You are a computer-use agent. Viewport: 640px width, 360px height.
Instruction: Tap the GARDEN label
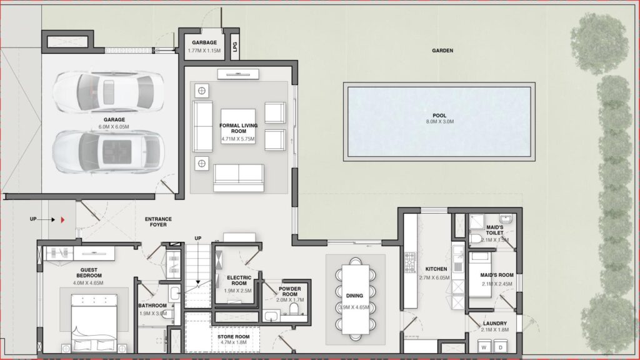(x=442, y=51)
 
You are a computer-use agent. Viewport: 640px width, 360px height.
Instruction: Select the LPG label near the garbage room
(x=235, y=47)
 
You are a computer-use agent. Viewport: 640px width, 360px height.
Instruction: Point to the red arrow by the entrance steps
(x=63, y=220)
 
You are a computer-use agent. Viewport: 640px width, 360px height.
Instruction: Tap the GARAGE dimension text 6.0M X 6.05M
(x=114, y=127)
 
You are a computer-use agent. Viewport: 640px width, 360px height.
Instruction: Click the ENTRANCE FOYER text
(x=158, y=222)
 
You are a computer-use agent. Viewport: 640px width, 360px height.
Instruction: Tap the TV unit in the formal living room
(x=238, y=74)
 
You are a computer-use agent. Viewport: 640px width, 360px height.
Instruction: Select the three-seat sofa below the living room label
(x=238, y=177)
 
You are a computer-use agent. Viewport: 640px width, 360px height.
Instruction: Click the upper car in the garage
(x=107, y=91)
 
